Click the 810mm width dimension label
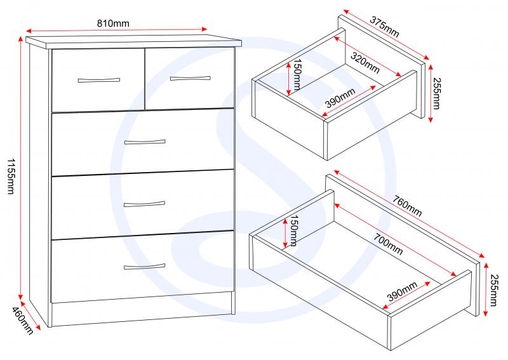click(x=113, y=23)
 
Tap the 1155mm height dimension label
click(x=11, y=177)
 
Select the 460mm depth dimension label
click(x=23, y=321)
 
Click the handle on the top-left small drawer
click(x=99, y=80)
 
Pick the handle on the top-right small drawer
click(x=190, y=78)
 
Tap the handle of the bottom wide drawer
click(x=145, y=267)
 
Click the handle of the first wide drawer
click(x=145, y=142)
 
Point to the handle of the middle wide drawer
click(x=145, y=204)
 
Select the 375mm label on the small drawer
click(x=385, y=27)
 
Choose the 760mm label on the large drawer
click(x=407, y=206)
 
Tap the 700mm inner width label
click(x=388, y=244)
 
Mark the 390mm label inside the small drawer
click(x=340, y=98)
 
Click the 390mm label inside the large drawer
click(x=402, y=291)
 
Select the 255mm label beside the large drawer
click(x=493, y=290)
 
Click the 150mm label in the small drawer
click(x=297, y=74)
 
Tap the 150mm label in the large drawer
click(x=293, y=230)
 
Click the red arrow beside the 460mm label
click(x=30, y=316)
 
